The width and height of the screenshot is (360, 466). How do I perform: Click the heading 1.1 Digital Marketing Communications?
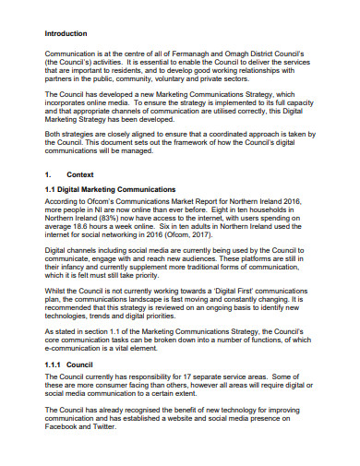(x=110, y=189)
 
